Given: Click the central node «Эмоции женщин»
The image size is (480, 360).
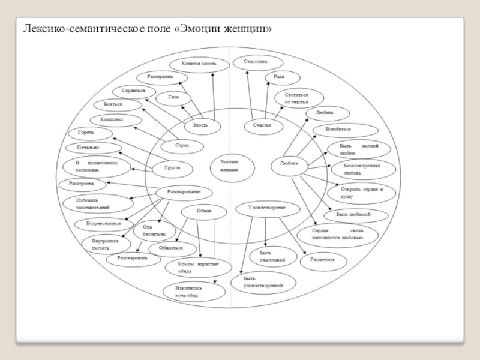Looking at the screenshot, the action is pos(230,166).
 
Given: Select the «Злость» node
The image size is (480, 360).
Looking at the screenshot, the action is pos(200,125).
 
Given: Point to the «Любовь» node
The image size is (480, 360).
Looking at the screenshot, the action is pos(289,164).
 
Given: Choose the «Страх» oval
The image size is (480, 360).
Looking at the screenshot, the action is pos(182,146).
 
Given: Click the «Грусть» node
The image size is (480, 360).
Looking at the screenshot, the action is pos(172,168).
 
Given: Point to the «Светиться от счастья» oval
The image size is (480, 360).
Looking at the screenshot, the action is pos(299,98).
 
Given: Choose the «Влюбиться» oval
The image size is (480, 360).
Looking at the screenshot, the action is pos(346,129).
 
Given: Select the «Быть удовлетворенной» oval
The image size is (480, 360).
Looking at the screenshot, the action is pos(263,282).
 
